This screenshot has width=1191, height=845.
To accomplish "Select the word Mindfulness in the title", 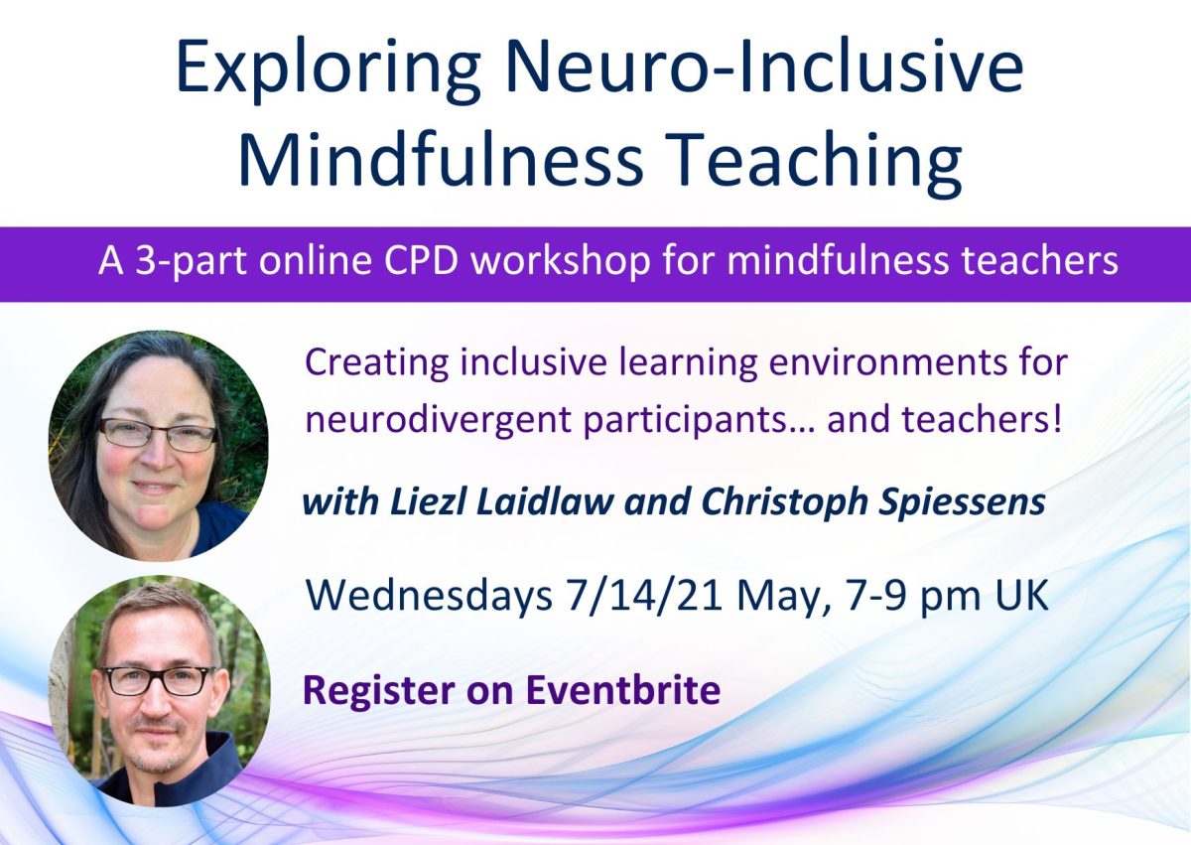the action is pos(441,159).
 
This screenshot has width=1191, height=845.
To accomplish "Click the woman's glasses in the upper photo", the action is pos(158,434).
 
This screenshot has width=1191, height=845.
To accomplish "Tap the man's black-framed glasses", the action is pos(158,681).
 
